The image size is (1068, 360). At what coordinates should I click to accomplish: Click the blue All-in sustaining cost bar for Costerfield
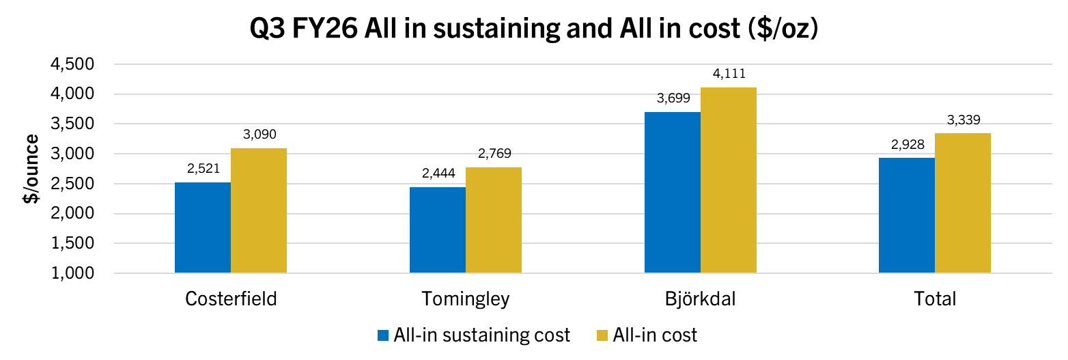pos(203,227)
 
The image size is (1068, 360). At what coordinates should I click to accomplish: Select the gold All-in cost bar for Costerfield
pos(259,210)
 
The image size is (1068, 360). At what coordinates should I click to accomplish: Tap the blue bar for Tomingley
pos(437,230)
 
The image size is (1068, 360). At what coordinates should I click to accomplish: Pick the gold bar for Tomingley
pos(493,220)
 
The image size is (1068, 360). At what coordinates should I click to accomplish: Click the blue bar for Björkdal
pos(672,193)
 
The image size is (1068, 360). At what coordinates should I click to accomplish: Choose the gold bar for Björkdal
pos(728,180)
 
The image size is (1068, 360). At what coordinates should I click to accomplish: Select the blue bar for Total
pos(906,215)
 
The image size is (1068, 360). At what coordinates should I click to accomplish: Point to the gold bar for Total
pos(962,203)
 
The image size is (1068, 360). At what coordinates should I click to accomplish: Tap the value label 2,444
pos(438,174)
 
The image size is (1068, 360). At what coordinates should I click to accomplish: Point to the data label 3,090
pos(259,135)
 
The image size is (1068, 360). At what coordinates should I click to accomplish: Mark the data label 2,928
pos(906,145)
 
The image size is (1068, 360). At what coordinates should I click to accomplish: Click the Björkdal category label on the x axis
pos(700,299)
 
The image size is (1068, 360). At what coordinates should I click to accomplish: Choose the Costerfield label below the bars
pos(231,299)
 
